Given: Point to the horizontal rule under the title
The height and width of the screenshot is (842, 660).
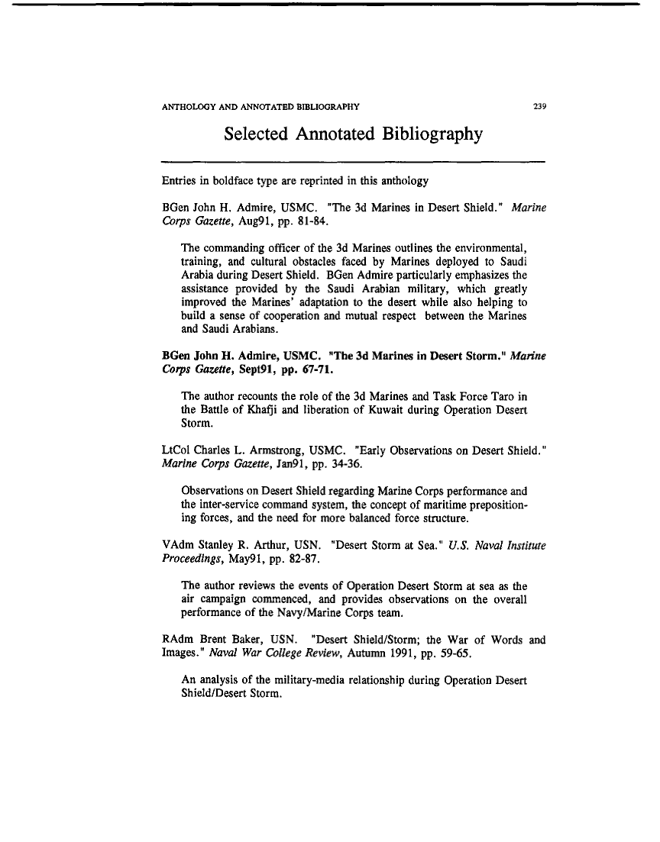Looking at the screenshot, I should (x=353, y=162).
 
